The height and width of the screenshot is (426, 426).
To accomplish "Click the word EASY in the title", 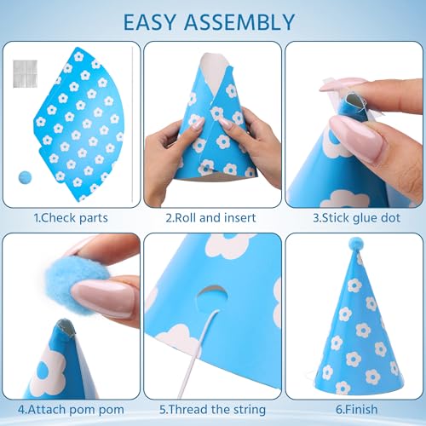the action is coord(150,22).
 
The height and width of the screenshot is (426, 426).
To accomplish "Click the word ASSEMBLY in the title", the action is coord(239,22).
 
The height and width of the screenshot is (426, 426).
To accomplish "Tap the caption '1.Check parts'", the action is coord(71,218).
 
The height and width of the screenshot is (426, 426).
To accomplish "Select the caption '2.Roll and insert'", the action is coord(210,218).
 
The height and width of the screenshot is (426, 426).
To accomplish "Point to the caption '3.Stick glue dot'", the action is coord(357,218).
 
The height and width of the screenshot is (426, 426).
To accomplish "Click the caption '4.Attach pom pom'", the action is coord(71,410).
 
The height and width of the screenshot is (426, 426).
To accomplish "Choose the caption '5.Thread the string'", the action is coord(212,410).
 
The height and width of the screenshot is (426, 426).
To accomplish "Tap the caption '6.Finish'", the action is coord(357,410).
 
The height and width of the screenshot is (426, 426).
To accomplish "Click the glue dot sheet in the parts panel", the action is coord(25,74).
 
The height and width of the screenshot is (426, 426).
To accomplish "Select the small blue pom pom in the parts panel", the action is coord(25,177).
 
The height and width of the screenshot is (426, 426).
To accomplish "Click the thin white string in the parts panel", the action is coord(132,124).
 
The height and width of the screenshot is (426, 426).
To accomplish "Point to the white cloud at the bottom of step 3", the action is coord(345,199).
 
